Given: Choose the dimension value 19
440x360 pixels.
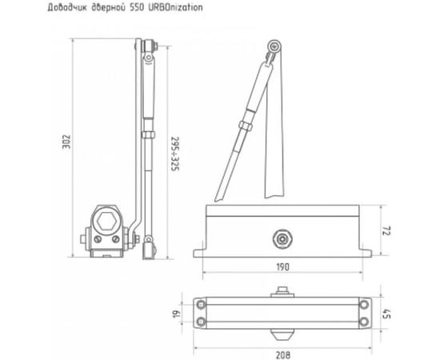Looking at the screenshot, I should tap(174, 314).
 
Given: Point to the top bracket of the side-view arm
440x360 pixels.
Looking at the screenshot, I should tap(147, 50).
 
